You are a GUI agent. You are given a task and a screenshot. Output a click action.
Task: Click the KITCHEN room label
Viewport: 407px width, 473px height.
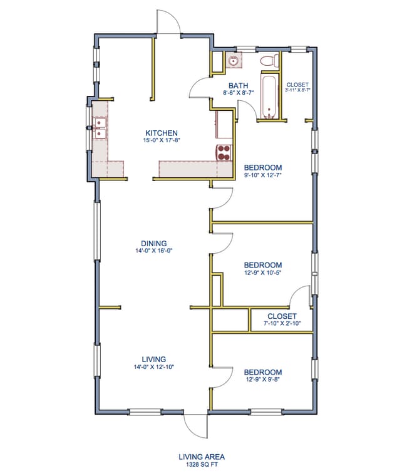coord(162,133)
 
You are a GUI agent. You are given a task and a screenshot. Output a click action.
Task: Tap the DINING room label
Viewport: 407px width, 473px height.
coord(154,244)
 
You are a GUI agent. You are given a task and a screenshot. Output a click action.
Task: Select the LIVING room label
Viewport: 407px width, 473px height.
coord(154,359)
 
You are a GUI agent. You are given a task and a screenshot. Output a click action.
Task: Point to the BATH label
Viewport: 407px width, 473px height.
coord(238,86)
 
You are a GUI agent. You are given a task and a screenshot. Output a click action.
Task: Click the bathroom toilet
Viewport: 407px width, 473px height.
coord(269,61)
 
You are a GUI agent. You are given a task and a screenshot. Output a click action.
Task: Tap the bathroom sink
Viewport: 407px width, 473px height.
coord(234,61)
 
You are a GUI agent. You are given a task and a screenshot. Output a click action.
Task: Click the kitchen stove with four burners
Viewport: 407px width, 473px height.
coord(224,152)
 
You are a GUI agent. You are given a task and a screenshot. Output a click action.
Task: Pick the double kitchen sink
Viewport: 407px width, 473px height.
coord(99,128)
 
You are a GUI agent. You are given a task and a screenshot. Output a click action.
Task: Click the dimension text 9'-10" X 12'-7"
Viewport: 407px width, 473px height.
coord(263,175)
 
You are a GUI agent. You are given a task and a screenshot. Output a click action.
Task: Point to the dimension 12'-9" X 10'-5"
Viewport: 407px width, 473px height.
coord(263,273)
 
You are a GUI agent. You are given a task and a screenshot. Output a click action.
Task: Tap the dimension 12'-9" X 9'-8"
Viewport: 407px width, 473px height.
coord(263,380)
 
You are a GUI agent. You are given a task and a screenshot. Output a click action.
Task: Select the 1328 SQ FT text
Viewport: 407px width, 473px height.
coord(202,465)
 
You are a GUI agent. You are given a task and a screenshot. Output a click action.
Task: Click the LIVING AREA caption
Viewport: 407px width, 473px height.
coord(202,457)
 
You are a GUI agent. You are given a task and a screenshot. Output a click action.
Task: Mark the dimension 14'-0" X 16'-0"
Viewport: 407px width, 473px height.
coord(154,251)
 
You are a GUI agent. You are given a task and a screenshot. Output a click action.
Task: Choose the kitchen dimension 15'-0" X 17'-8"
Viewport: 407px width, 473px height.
coord(162,140)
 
